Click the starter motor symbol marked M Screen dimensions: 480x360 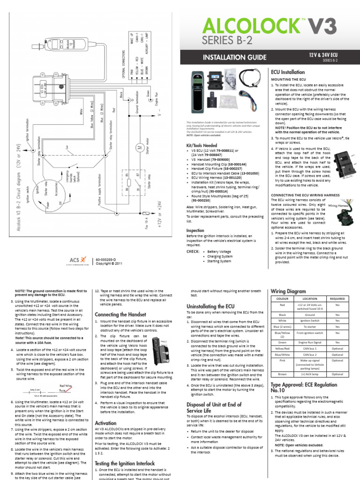(x=139, y=147)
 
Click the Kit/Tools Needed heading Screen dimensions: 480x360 (x=202, y=146)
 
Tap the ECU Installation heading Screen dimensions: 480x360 (x=288, y=72)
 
